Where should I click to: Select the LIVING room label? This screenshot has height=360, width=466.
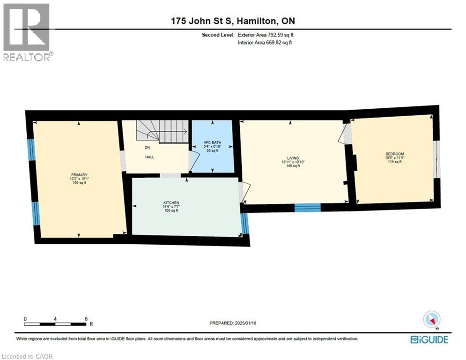tap(293, 158)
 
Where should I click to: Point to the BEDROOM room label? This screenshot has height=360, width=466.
tap(394, 154)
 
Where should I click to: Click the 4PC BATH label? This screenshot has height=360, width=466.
tap(212, 142)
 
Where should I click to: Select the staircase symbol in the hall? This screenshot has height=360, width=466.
tap(162, 131)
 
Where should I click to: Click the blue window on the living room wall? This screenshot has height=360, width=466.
tap(307, 208)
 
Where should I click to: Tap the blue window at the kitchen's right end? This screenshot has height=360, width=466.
tap(244, 224)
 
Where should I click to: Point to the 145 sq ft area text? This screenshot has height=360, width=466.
tap(293, 166)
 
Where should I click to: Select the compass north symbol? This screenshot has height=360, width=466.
tap(432, 320)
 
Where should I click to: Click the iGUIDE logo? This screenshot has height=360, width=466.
tap(429, 339)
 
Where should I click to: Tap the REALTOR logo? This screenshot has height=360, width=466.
tap(28, 32)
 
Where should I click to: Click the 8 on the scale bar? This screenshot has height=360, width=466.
tap(86, 318)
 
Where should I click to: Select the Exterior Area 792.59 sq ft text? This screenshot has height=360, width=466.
tap(266, 35)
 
